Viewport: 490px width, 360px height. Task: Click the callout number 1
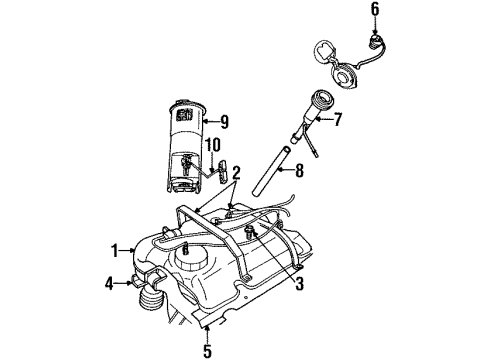(115, 249)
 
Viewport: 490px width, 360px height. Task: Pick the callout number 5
(208, 352)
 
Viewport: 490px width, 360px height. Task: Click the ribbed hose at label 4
(152, 301)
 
